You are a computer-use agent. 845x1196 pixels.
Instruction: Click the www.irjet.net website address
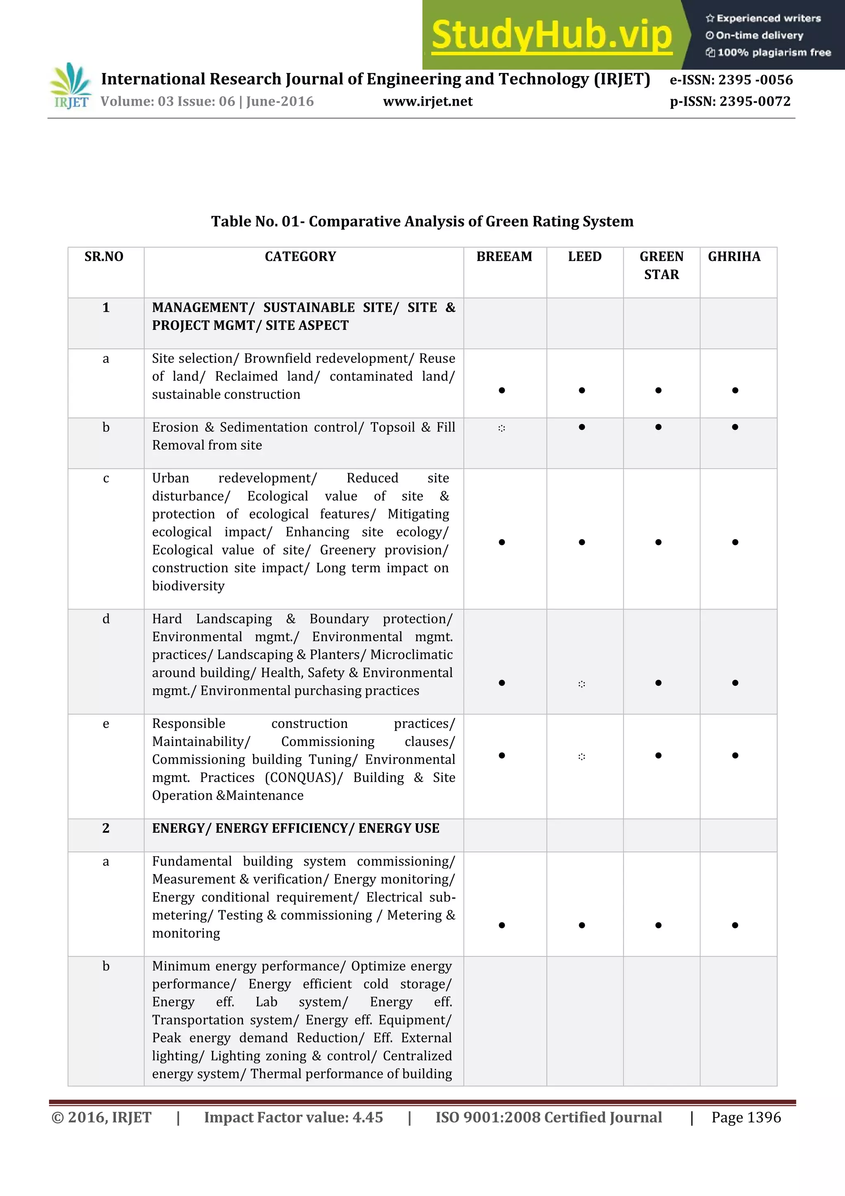pyautogui.click(x=427, y=102)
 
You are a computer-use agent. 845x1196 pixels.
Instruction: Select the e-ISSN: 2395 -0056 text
pyautogui.click(x=731, y=80)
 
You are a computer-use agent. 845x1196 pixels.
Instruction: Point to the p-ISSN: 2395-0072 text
pyautogui.click(x=730, y=102)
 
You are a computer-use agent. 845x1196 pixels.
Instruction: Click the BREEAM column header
pyautogui.click(x=504, y=257)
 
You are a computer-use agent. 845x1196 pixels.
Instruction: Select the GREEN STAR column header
pyautogui.click(x=661, y=265)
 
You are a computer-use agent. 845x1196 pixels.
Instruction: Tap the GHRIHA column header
pyautogui.click(x=734, y=257)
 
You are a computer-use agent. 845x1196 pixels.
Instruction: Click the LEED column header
pyautogui.click(x=584, y=257)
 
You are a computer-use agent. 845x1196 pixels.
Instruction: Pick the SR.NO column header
pyautogui.click(x=104, y=257)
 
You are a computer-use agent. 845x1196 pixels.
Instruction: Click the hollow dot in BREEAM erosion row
pyautogui.click(x=501, y=428)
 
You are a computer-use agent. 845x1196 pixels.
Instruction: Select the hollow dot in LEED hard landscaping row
pyautogui.click(x=581, y=684)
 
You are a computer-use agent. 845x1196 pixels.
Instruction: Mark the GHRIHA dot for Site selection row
pyautogui.click(x=734, y=390)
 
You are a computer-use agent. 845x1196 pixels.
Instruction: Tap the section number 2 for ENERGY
pyautogui.click(x=106, y=828)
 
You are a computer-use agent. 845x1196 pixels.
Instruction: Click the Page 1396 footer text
pyautogui.click(x=746, y=1117)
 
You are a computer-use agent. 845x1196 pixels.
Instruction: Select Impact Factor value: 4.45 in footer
pyautogui.click(x=293, y=1117)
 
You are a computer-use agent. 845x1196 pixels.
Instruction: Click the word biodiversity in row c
pyautogui.click(x=188, y=586)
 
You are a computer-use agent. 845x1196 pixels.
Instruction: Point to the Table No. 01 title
pyautogui.click(x=422, y=221)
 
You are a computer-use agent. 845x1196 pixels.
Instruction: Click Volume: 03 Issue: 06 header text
pyautogui.click(x=207, y=102)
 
